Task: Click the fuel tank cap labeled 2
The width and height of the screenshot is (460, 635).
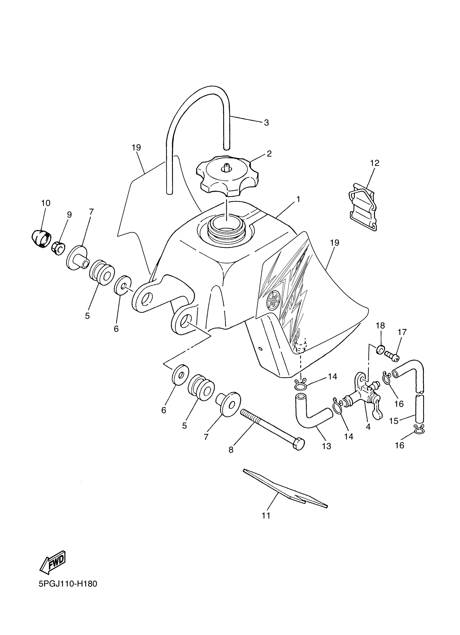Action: pyautogui.click(x=227, y=176)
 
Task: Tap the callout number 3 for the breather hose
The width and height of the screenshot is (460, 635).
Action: pyautogui.click(x=266, y=123)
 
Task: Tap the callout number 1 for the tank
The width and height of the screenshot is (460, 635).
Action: pyautogui.click(x=298, y=199)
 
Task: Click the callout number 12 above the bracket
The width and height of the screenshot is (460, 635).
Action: pyautogui.click(x=374, y=163)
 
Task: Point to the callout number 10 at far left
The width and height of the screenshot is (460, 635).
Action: pyautogui.click(x=46, y=203)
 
